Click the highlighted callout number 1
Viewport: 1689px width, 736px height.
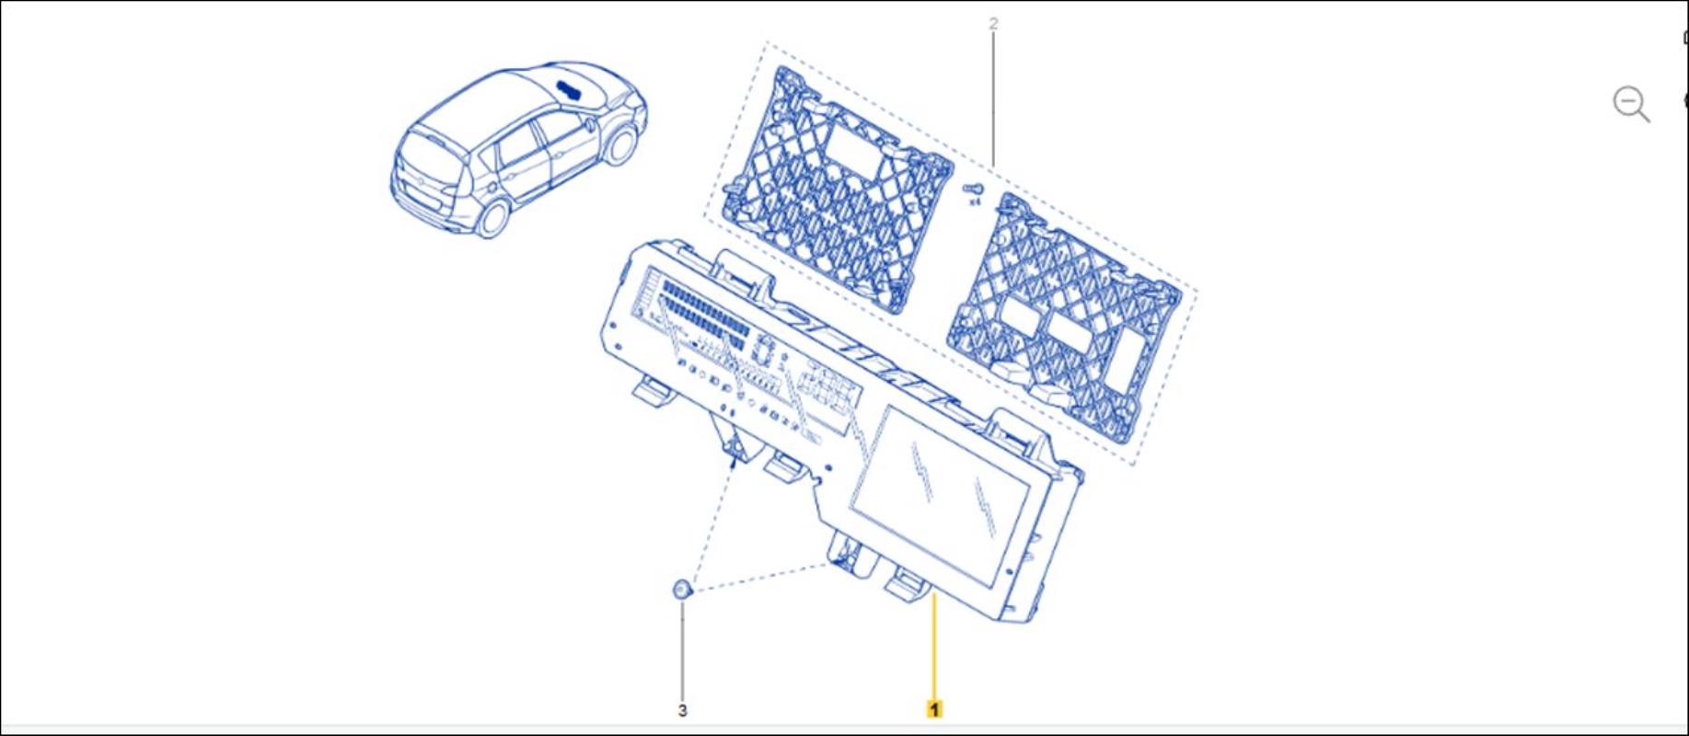coord(934,709)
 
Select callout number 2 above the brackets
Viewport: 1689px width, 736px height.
coord(993,24)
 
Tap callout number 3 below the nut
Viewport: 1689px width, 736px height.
coord(682,710)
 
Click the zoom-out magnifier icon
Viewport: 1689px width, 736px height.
coord(1631,103)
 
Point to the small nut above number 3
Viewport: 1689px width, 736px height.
coord(681,589)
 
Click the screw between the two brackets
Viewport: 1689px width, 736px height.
coord(972,189)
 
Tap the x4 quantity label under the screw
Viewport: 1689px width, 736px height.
coord(974,201)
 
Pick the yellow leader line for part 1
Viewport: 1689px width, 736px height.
coord(934,645)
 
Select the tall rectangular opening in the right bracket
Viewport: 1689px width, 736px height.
coord(1128,358)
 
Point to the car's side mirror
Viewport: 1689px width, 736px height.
coord(586,121)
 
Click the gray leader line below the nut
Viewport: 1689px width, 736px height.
coord(682,650)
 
